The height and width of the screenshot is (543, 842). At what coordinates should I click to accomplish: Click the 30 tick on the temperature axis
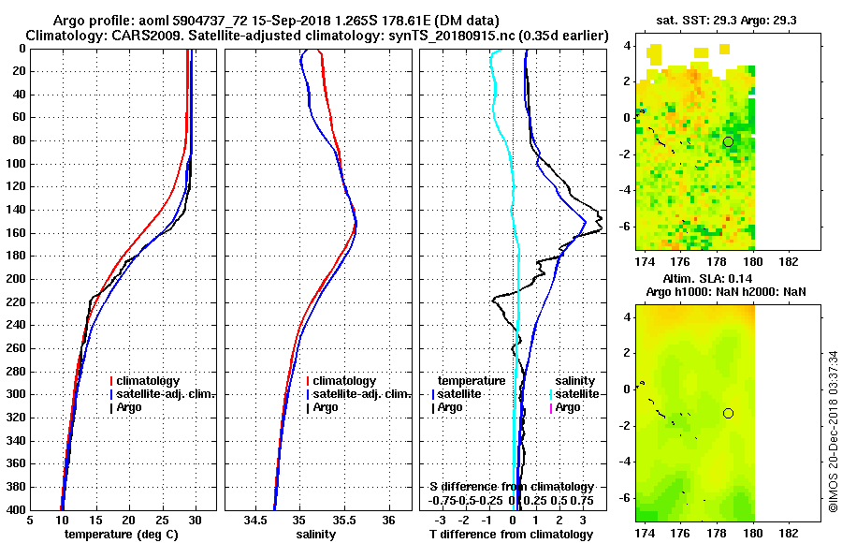point(195,520)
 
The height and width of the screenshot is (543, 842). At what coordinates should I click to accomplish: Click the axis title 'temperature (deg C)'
point(123,535)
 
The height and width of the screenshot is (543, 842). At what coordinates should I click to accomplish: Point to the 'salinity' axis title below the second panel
point(318,535)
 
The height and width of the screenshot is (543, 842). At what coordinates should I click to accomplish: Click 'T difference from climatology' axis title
point(511,535)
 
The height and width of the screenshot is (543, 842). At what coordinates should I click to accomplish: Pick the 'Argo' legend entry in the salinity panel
point(326,407)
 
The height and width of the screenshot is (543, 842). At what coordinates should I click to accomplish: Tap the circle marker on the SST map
point(728,141)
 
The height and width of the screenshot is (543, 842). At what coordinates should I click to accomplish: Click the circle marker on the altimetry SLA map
point(728,413)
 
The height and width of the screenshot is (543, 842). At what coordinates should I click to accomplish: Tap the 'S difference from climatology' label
point(511,487)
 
